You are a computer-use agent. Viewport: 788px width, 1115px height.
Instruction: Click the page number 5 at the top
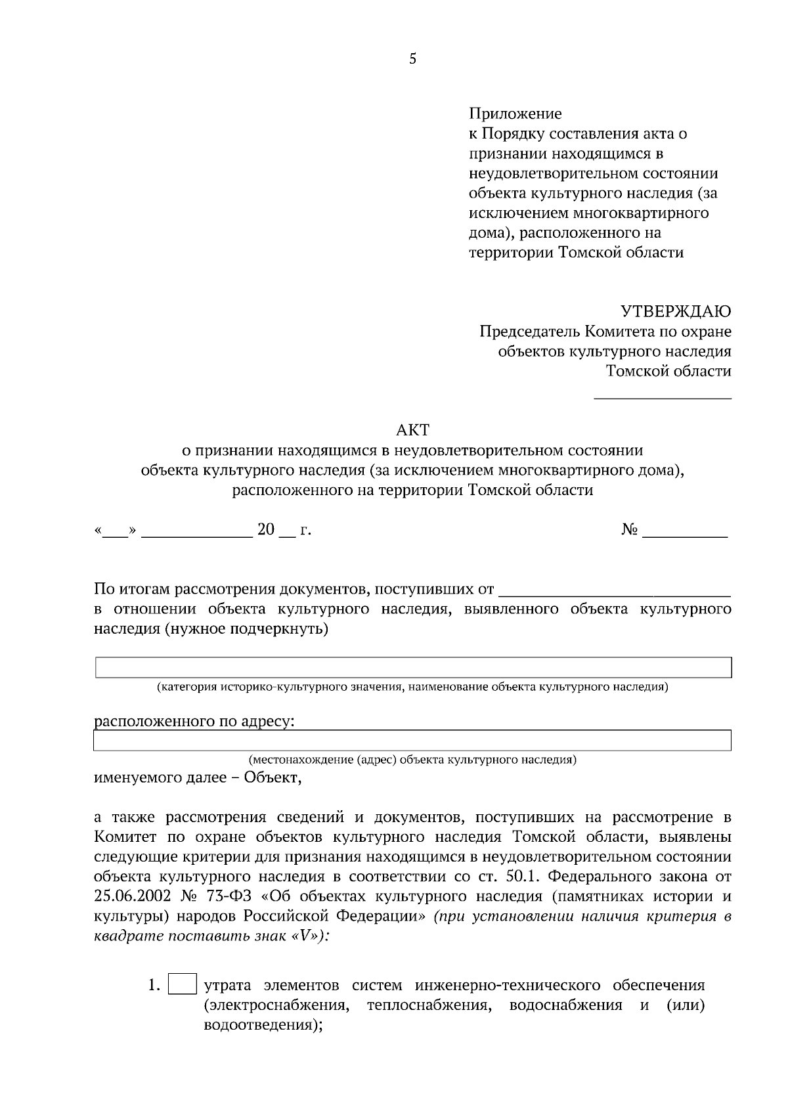tap(412, 59)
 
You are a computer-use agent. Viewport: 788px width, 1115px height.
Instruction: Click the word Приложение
tap(515, 114)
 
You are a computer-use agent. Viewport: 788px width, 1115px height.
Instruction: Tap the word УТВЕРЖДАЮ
tap(676, 311)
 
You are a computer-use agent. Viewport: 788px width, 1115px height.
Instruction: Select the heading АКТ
tap(412, 430)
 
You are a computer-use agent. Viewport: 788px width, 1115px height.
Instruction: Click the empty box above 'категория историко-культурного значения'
tap(413, 667)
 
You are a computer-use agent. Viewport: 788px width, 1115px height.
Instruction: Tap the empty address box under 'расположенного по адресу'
tap(412, 740)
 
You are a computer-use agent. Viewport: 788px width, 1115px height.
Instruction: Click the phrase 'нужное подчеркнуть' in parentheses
tap(246, 629)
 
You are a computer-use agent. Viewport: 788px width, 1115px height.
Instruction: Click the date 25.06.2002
tap(133, 897)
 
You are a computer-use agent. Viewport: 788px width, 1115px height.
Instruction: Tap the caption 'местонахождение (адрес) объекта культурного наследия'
tap(412, 760)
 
